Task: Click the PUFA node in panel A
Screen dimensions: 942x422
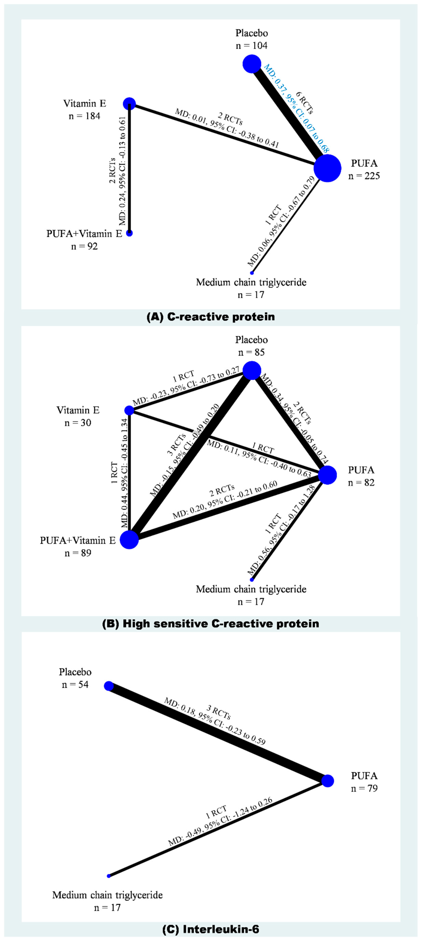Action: pyautogui.click(x=327, y=168)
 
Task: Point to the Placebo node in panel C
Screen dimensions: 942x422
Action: pyautogui.click(x=109, y=686)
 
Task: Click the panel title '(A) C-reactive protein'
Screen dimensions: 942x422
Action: pyautogui.click(x=211, y=317)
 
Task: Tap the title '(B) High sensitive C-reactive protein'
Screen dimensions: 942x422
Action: pyautogui.click(x=211, y=624)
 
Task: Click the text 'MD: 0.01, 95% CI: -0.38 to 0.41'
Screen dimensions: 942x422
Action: pyautogui.click(x=227, y=128)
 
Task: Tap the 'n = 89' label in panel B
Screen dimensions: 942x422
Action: pyautogui.click(x=78, y=553)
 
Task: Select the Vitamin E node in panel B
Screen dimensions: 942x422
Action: pyautogui.click(x=129, y=410)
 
